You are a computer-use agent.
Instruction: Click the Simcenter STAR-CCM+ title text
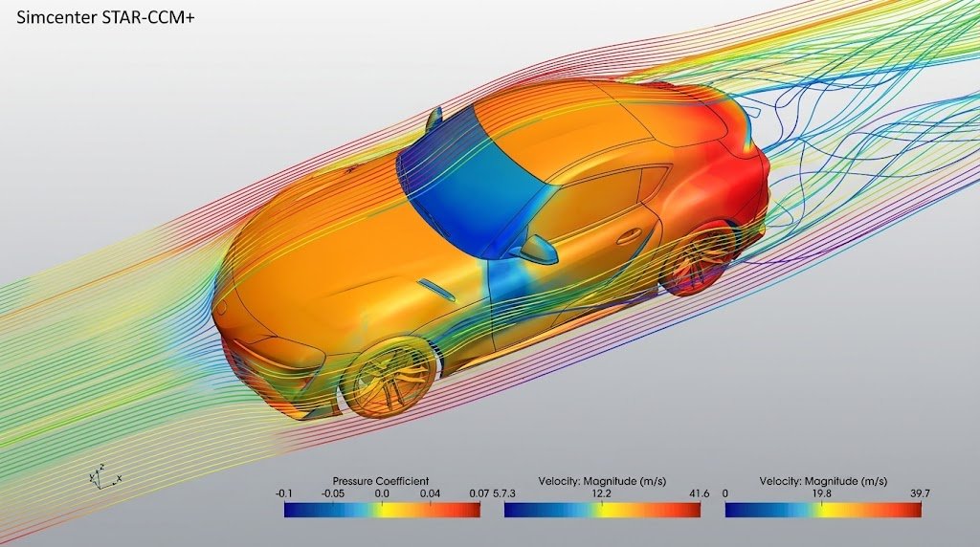click(105, 18)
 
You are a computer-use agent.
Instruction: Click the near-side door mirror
click(535, 249)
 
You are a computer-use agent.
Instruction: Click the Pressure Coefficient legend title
click(381, 481)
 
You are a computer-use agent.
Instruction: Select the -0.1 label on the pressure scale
click(283, 493)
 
